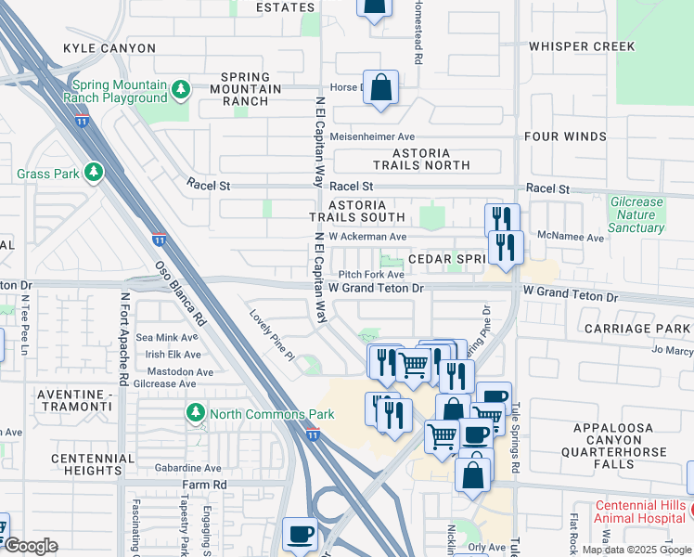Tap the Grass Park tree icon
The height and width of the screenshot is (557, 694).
point(94,173)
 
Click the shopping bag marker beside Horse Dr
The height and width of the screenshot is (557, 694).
point(380,89)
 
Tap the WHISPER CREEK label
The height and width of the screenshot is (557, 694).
point(581,46)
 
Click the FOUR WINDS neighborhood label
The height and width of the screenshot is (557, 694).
point(565,136)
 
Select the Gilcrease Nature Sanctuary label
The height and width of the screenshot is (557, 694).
point(637,214)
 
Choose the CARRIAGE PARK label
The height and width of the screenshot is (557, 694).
point(637,329)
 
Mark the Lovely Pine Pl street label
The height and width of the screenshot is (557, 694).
point(271,334)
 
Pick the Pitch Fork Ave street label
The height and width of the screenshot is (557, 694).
point(371,275)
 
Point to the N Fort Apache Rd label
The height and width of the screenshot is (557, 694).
point(122,339)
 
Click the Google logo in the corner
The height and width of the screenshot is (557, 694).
point(31,546)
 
